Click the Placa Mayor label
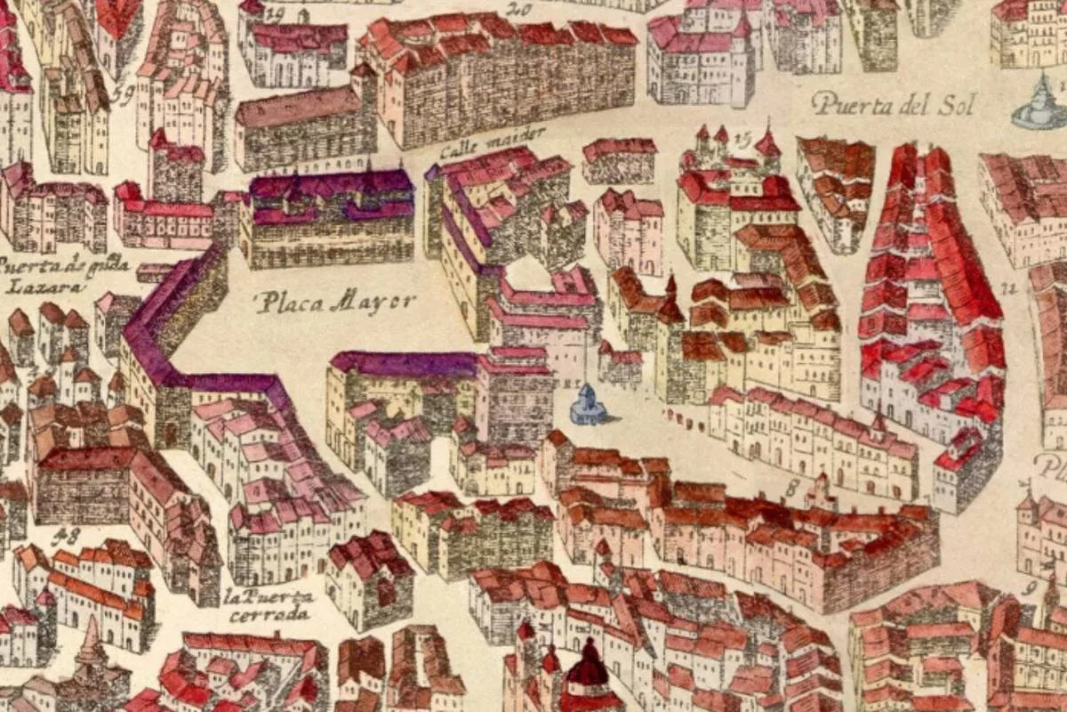pyautogui.click(x=335, y=303)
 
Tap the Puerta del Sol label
pyautogui.click(x=894, y=105)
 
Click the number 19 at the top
pyautogui.click(x=273, y=12)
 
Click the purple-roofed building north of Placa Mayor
pyautogui.click(x=331, y=218)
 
